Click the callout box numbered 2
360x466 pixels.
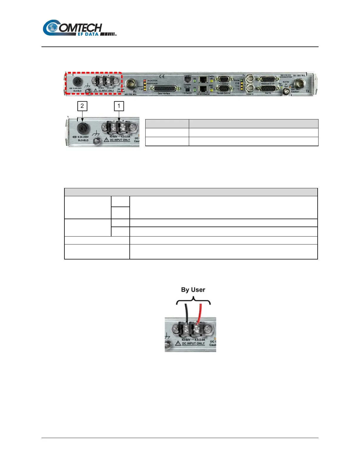82,106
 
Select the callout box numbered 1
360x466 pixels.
119,106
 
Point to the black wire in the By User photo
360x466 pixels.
187,313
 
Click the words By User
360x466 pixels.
193,290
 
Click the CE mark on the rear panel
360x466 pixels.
162,77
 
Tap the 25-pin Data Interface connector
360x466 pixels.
165,89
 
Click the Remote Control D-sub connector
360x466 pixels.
224,89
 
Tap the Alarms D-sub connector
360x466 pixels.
268,89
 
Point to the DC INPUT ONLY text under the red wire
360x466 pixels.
193,343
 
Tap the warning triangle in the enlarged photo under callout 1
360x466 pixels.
106,140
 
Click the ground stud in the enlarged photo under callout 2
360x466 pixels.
96,142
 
